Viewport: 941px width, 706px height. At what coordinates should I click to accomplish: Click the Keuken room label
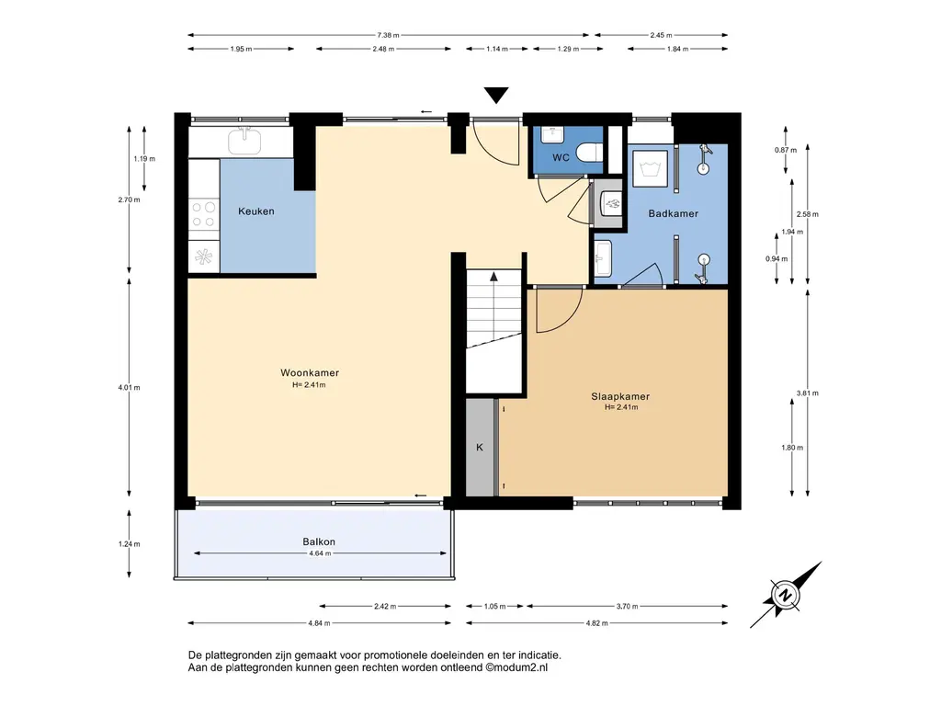pos(256,211)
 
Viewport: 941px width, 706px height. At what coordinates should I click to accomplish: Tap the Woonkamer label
pos(310,373)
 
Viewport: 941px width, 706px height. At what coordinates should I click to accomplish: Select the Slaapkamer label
pos(620,396)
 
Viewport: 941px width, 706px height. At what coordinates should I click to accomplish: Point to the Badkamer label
pos(674,213)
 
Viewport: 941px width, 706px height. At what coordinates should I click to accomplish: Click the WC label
pos(561,158)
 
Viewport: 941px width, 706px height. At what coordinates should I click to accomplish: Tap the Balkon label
pos(319,541)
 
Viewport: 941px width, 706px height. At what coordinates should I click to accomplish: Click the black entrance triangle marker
pos(496,96)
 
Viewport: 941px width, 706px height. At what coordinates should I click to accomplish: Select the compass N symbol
pos(785,596)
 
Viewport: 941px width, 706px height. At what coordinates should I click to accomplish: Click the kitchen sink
pos(244,141)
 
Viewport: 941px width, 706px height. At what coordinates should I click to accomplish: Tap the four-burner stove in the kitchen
pos(204,215)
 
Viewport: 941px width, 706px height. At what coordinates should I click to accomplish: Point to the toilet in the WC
pos(591,153)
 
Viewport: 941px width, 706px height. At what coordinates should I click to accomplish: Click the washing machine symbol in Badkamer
pos(651,169)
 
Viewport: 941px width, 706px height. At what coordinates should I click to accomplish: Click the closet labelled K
pos(480,448)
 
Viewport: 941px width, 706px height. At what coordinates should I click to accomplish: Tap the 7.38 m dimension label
pos(389,36)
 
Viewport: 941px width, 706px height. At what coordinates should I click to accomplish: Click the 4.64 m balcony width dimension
pos(320,553)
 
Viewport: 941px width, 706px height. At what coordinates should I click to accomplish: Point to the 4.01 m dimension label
pos(129,388)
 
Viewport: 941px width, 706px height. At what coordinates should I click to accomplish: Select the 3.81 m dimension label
pos(807,393)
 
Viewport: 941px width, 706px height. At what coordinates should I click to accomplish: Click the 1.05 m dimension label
pos(495,607)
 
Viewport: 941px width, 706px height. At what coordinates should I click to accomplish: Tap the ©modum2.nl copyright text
pos(516,667)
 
